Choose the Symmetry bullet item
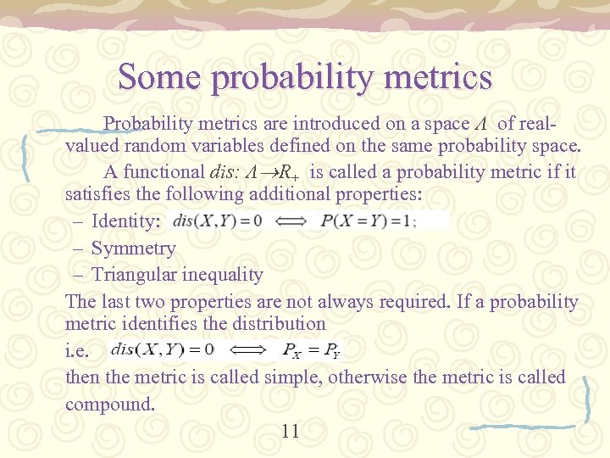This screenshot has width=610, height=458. tap(133, 249)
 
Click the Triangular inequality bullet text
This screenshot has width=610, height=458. tap(177, 275)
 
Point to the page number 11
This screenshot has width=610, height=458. tap(290, 432)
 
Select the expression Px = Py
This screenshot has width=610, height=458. tap(311, 349)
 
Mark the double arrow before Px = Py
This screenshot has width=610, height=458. tap(247, 349)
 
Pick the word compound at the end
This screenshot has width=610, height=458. tap(110, 404)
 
